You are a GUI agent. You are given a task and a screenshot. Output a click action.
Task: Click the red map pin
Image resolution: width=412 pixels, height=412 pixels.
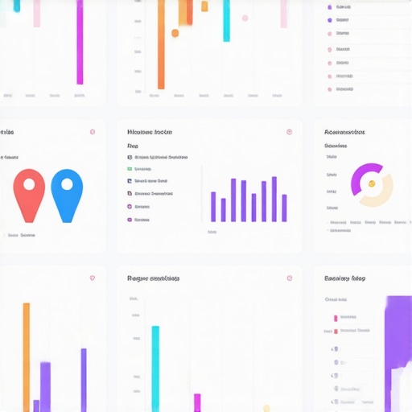click(x=29, y=197)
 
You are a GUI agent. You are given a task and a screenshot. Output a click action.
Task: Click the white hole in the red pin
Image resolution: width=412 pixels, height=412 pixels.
click(x=29, y=184)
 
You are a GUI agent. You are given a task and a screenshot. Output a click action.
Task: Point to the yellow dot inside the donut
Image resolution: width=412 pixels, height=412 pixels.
click(x=372, y=183)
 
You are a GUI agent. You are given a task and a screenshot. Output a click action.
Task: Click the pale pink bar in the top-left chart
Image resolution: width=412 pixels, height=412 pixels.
click(x=36, y=13)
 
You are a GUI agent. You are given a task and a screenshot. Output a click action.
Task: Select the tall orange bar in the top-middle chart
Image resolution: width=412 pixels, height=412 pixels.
click(x=161, y=44)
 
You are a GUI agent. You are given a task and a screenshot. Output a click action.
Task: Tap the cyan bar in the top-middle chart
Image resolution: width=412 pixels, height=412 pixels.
click(x=226, y=20)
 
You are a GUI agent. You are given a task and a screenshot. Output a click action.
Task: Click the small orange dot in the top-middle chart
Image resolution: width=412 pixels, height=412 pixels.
click(x=175, y=33)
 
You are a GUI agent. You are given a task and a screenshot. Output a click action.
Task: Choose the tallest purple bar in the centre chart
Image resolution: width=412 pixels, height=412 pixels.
click(x=274, y=199)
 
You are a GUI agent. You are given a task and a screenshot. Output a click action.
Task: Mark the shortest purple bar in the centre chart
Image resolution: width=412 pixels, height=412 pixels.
click(x=223, y=209)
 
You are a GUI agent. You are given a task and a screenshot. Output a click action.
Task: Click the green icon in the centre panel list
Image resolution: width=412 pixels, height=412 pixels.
click(x=130, y=169)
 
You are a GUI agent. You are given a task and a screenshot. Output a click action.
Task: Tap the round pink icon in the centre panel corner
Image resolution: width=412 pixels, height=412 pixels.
click(x=289, y=132)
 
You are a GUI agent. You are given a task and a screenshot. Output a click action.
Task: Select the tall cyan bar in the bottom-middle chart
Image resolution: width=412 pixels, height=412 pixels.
click(x=155, y=369)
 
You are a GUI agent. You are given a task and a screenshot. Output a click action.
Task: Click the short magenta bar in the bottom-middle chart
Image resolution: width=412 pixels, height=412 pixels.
click(x=197, y=402)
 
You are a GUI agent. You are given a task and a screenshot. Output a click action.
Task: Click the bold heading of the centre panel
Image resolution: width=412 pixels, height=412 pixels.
click(x=150, y=131)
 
